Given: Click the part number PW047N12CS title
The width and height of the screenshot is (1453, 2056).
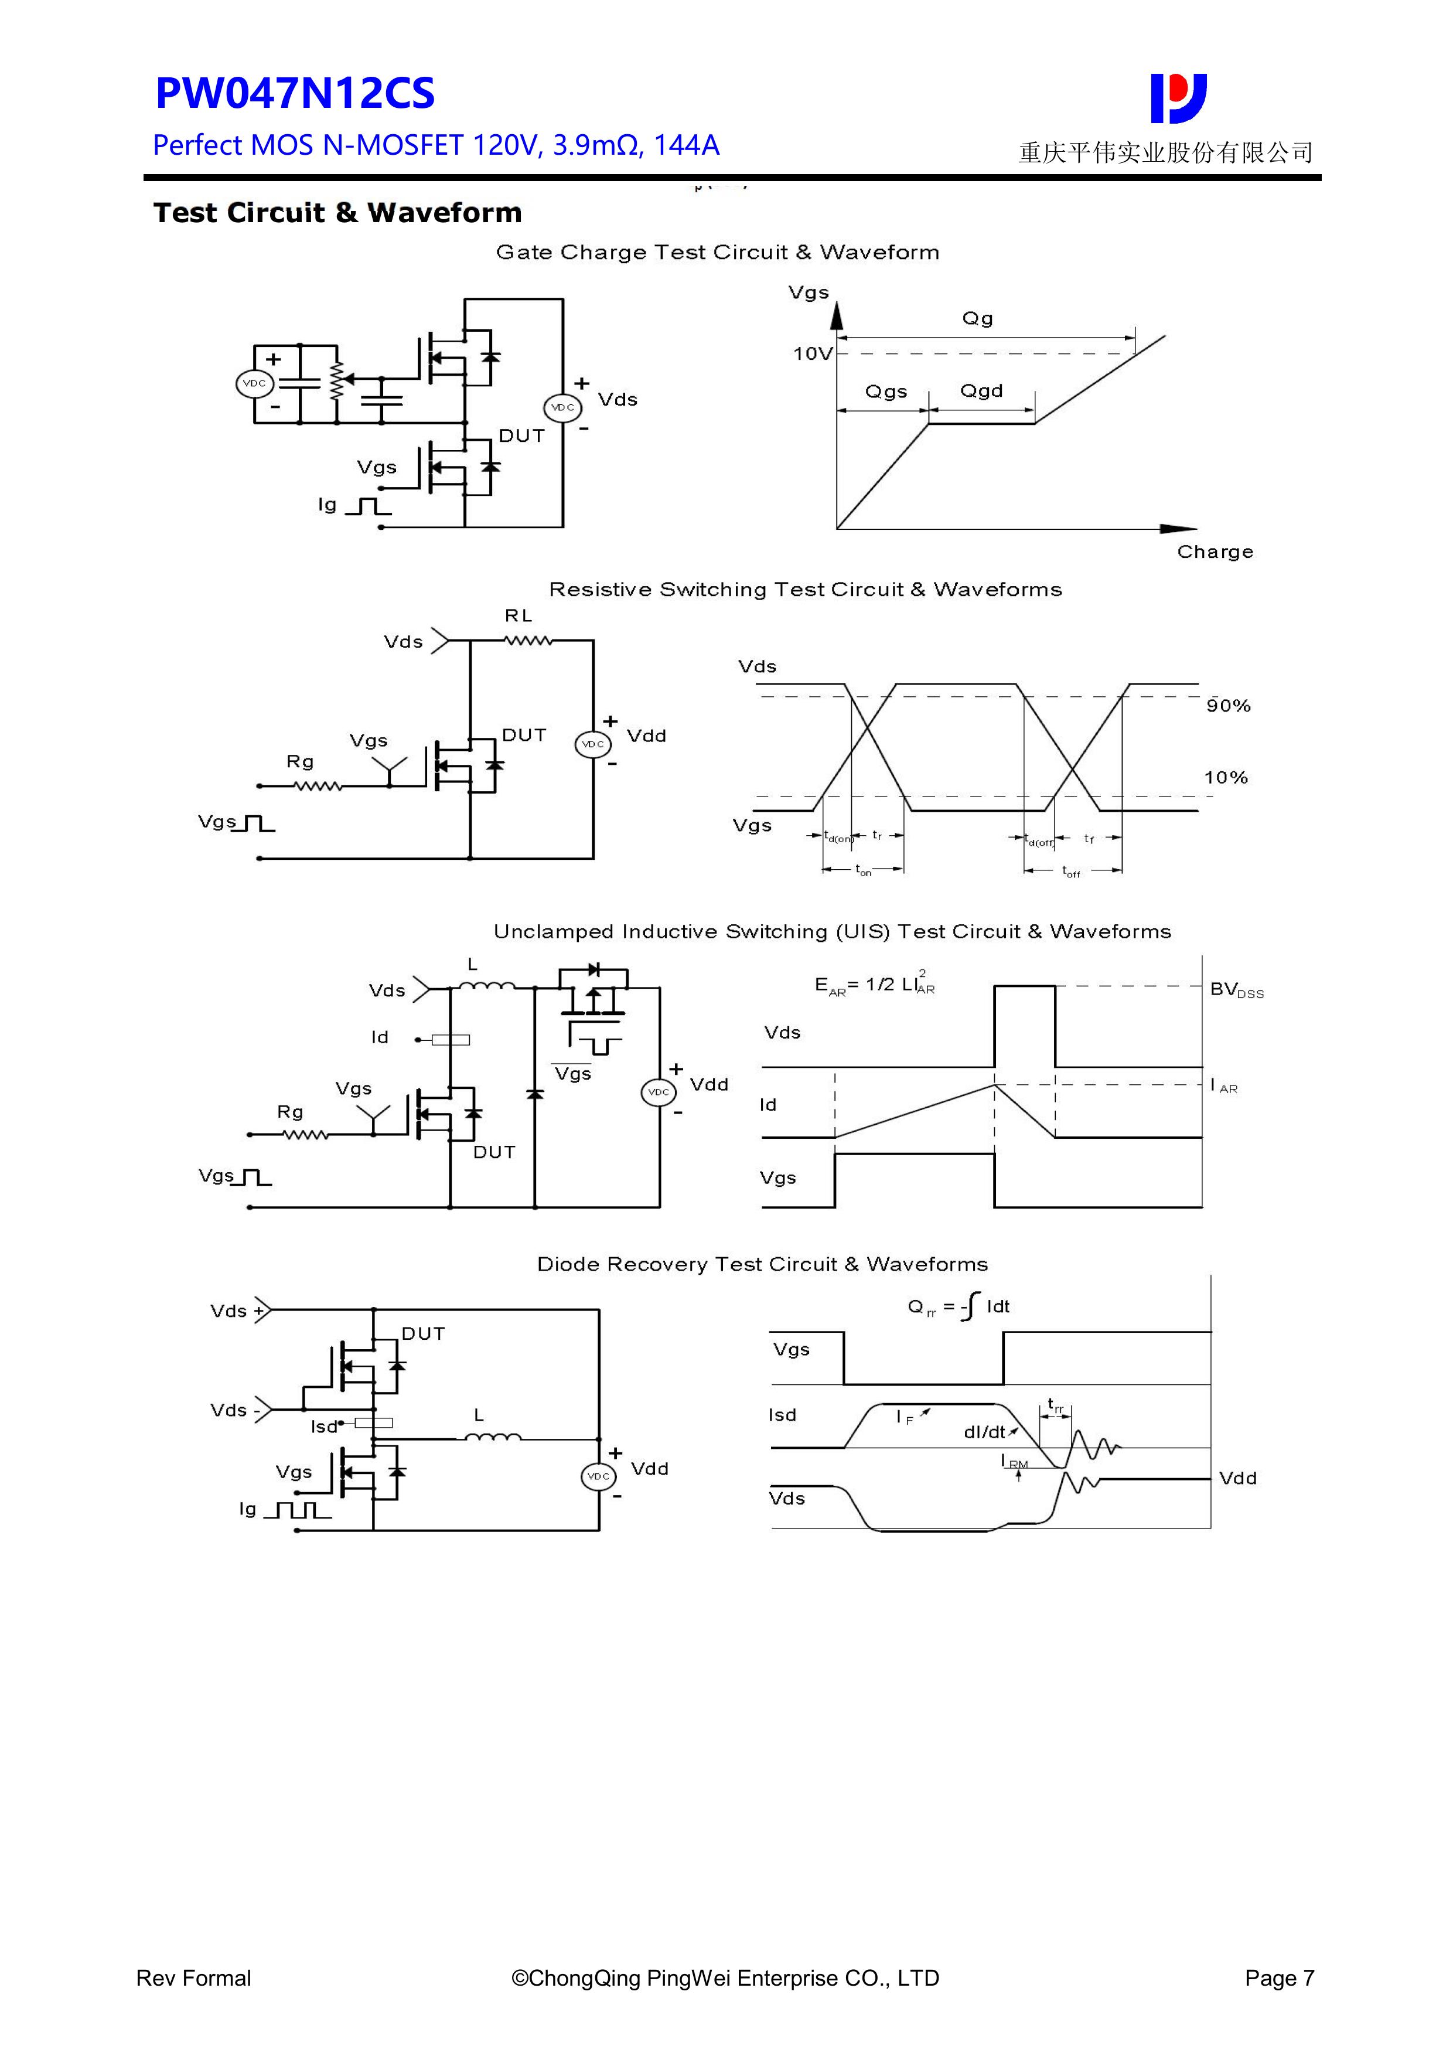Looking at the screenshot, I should point(295,93).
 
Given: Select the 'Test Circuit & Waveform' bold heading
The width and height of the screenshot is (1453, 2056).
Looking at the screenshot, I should point(337,213).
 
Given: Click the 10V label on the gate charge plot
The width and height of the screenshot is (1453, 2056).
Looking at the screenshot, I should point(812,354).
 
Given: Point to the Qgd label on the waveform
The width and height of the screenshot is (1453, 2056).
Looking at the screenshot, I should point(981,392).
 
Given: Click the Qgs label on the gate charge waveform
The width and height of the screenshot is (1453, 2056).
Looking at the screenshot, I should point(885,392).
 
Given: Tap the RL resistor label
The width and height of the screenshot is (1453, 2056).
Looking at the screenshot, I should point(519,616).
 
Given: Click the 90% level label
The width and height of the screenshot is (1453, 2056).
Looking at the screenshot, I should point(1227,706).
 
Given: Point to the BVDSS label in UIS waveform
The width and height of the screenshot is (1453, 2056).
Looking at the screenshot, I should point(1236,989).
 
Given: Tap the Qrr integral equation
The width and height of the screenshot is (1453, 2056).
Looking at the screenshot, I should point(958,1306).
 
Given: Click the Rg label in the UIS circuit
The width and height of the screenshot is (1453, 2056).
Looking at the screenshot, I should point(289,1112).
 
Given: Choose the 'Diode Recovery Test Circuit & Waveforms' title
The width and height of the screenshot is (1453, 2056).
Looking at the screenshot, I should point(762,1264).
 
